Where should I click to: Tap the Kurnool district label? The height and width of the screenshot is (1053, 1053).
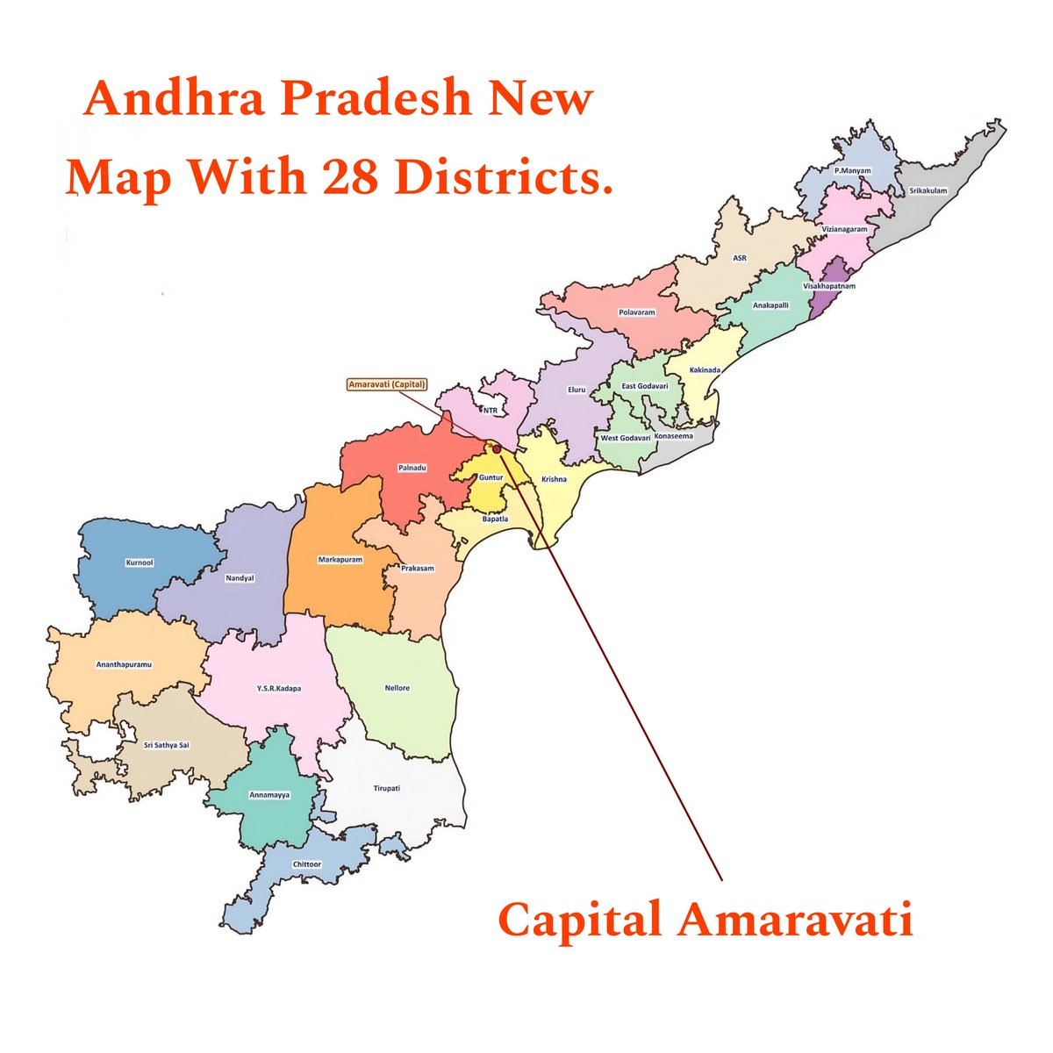pos(140,562)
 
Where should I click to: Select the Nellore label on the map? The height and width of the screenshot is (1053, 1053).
pos(397,688)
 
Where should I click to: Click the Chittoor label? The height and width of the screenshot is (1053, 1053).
pos(307,864)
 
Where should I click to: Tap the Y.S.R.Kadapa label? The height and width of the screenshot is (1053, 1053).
pos(279,689)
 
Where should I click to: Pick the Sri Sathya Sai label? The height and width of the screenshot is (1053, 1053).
pos(166,745)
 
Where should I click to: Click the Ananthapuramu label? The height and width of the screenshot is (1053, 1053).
pos(124,664)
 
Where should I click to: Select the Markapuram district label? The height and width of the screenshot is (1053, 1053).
pos(340,559)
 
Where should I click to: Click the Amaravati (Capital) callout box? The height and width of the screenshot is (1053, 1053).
pos(386,384)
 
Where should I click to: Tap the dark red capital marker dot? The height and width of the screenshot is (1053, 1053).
pos(497,448)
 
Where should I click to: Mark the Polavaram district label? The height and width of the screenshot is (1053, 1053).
pos(637,312)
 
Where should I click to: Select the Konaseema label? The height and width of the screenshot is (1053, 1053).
pos(673,436)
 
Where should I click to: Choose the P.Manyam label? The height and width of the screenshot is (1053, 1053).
pos(852,170)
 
